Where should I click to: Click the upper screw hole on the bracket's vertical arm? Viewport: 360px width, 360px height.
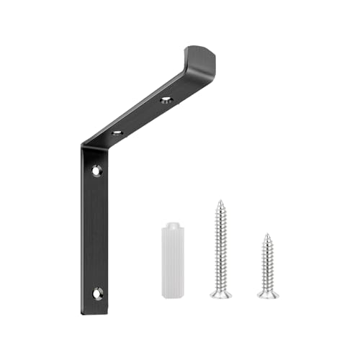(96, 171)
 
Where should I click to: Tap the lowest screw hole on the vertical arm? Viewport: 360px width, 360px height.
(96, 293)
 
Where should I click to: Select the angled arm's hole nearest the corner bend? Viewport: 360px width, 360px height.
(116, 133)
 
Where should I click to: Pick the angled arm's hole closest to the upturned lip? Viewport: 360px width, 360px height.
(166, 98)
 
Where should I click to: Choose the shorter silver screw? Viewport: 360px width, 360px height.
(268, 266)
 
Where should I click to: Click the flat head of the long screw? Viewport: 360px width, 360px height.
(221, 293)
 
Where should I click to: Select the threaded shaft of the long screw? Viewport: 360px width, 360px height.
(221, 245)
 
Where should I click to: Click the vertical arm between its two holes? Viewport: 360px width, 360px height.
(96, 230)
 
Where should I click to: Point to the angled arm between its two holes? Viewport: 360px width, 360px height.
(140, 116)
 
